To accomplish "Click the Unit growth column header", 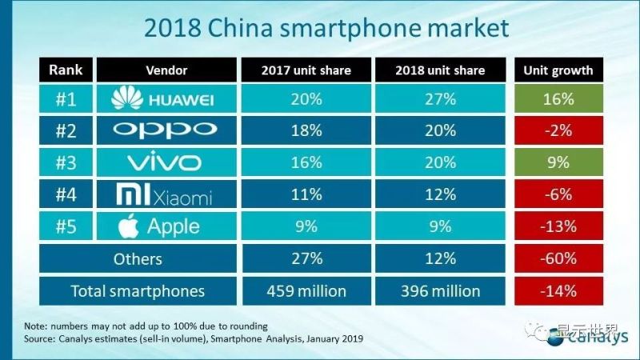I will [x=558, y=70].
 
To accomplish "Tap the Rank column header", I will [x=66, y=70].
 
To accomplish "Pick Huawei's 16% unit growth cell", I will [x=558, y=99].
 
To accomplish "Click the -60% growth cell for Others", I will [x=558, y=258].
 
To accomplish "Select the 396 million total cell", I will [x=439, y=290].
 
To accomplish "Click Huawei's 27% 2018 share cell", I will [x=439, y=99].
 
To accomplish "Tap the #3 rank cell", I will [x=66, y=162].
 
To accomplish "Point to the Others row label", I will [x=137, y=258].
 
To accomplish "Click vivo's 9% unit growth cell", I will [x=558, y=162].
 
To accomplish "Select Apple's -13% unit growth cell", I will [x=558, y=226].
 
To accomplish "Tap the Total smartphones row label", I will [x=137, y=290].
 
